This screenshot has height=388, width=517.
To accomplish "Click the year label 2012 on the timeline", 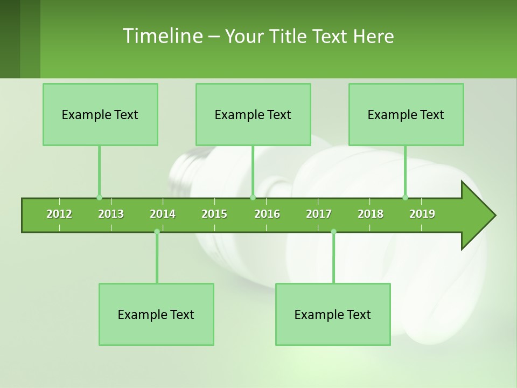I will pos(59,214).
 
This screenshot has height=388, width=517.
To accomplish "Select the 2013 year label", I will pos(111,214).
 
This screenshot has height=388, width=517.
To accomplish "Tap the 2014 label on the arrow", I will pos(163,214).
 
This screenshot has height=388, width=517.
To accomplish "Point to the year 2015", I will pos(214,214).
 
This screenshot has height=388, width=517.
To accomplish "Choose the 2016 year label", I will pos(267,214).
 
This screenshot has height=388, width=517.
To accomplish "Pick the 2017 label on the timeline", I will pos(319,214).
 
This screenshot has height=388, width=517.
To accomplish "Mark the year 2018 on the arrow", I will pos(371,214).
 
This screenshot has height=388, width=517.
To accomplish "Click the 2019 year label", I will pos(422,214).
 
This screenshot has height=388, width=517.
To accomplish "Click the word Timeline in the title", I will pos(162,36).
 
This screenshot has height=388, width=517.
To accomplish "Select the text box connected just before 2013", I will pos(100,114).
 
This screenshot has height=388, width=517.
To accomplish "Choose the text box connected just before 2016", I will pos(253,114).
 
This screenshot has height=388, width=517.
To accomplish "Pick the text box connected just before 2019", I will pos(406,114).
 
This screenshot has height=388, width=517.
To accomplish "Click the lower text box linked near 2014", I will pos(156,314).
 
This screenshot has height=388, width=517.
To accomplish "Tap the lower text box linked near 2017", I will pos(333,314).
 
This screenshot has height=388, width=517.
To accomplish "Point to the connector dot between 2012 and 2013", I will pos(99,197).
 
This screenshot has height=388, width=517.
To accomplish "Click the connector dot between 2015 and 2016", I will pos(253,197).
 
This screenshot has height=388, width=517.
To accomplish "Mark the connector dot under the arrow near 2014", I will pos(157,231).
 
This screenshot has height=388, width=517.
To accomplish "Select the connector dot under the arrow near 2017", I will pos(333,231).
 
